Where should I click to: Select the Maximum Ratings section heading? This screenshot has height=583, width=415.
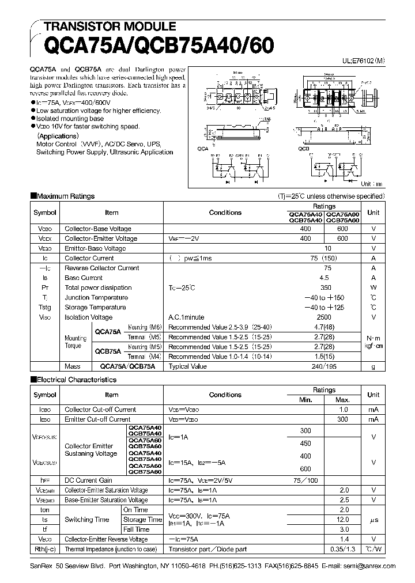pyautogui.click(x=65, y=196)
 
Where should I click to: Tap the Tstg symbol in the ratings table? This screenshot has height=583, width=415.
pyautogui.click(x=45, y=307)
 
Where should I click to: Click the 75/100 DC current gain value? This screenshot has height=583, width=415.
pyautogui.click(x=305, y=480)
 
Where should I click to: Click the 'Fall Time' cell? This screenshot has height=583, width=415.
pyautogui.click(x=136, y=529)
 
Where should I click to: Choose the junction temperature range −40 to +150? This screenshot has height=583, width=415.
pyautogui.click(x=324, y=297)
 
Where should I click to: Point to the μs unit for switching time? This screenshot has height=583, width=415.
pyautogui.click(x=373, y=519)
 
